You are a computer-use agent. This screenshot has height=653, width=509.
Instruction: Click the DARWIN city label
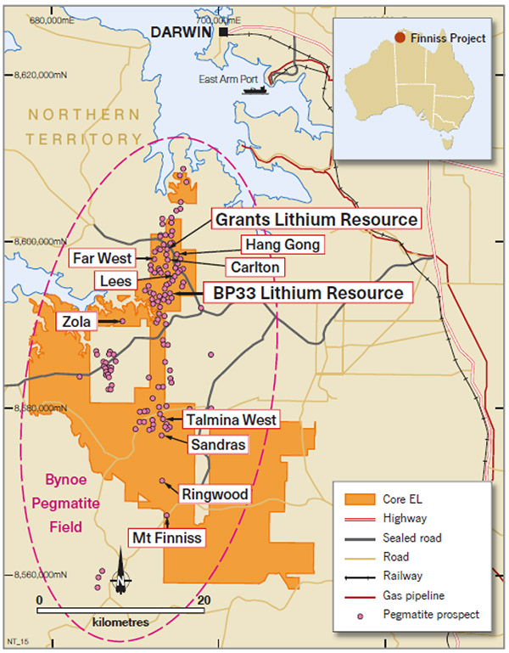(x=182, y=32)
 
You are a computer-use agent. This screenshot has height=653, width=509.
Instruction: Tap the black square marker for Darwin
(x=223, y=31)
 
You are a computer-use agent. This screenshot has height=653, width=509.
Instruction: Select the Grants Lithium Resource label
(x=316, y=219)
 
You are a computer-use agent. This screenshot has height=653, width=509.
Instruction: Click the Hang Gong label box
(x=282, y=245)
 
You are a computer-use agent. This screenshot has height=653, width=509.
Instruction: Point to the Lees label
(x=114, y=279)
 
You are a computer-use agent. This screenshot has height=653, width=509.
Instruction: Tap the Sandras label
(x=218, y=444)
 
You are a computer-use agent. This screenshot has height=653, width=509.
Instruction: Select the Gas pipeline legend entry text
(x=413, y=595)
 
